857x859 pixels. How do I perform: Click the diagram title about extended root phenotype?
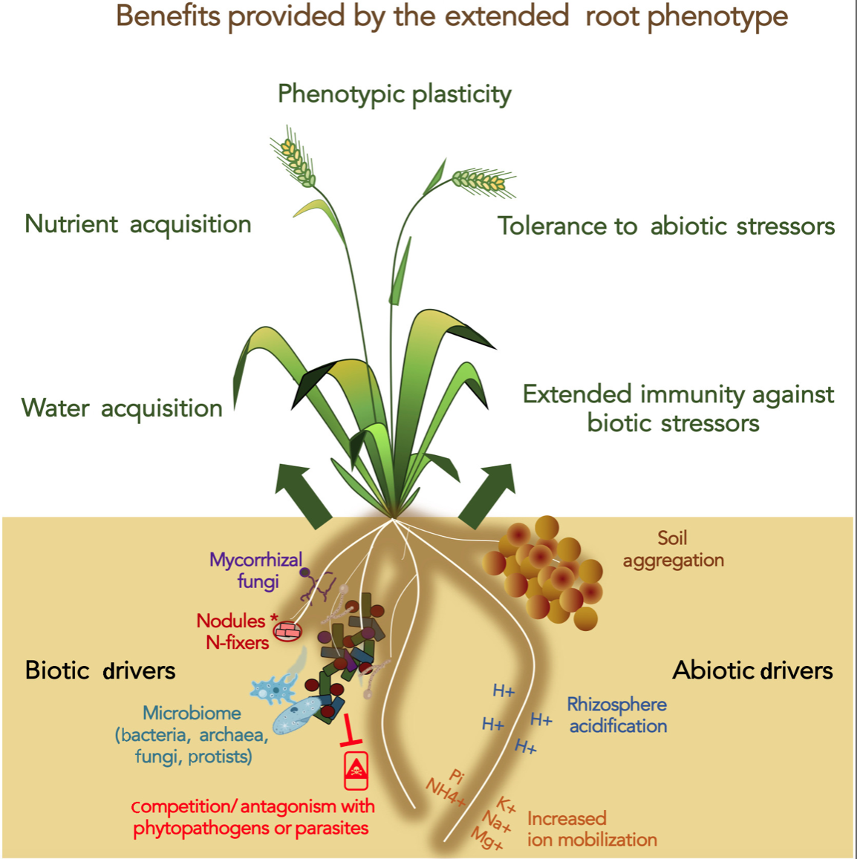pyautogui.click(x=452, y=16)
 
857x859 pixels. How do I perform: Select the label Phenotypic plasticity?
pyautogui.click(x=394, y=94)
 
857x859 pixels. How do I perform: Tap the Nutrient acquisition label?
pyautogui.click(x=138, y=225)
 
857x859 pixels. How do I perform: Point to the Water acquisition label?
pyautogui.click(x=122, y=408)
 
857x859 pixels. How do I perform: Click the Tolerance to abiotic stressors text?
pyautogui.click(x=665, y=226)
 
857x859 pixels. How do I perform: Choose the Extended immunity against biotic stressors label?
pyautogui.click(x=678, y=408)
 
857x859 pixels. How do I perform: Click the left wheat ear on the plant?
pyautogui.click(x=293, y=156)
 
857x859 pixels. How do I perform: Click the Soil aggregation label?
pyautogui.click(x=674, y=549)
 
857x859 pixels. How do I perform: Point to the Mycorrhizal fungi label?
pyautogui.click(x=256, y=570)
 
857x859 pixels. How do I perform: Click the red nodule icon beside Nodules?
pyautogui.click(x=288, y=630)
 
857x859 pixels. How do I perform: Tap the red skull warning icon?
pyautogui.click(x=356, y=771)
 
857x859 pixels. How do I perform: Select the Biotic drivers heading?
pyautogui.click(x=100, y=670)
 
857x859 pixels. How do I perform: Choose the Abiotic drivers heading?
pyautogui.click(x=752, y=670)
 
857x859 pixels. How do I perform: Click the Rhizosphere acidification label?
pyautogui.click(x=618, y=715)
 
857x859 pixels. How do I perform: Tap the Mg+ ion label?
pyautogui.click(x=486, y=838)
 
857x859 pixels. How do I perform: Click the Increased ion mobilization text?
pyautogui.click(x=592, y=829)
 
